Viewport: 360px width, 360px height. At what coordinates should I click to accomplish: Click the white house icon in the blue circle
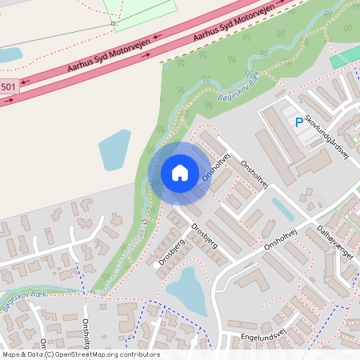coord(180,172)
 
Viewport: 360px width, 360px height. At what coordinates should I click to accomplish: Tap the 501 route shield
coord(7,86)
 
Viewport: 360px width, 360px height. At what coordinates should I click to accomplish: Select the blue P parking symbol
coord(299,122)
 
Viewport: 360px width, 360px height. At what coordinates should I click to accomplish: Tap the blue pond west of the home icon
coord(114,149)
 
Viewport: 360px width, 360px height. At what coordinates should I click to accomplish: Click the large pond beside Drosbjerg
coord(185,290)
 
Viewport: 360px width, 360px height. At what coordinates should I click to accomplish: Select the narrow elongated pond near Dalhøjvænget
coord(282,210)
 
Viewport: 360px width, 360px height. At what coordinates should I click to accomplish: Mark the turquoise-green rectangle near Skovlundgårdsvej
coord(345,58)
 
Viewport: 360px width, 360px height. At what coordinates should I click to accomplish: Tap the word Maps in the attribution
coord(12,354)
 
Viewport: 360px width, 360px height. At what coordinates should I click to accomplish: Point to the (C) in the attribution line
coord(50,354)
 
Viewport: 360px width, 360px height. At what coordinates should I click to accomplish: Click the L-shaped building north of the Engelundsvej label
coord(251,284)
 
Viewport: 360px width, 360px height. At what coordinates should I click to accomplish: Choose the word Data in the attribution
coord(36,354)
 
